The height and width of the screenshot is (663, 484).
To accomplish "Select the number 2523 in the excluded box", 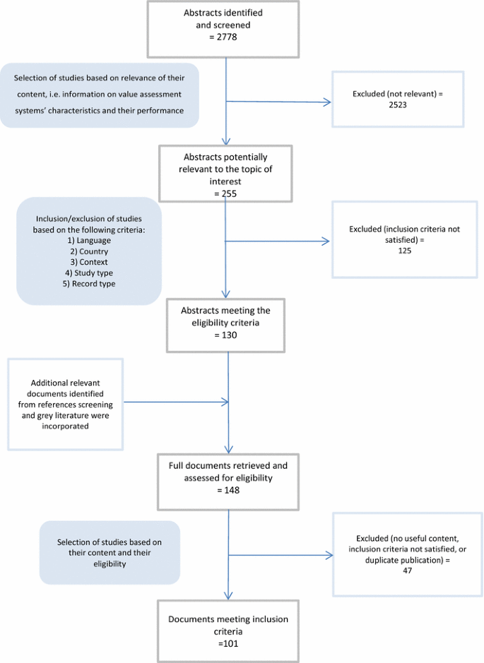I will coord(398,104).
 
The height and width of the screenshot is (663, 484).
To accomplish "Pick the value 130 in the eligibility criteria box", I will coord(225,335).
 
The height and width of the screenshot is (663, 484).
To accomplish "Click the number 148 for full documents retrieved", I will coord(229,488).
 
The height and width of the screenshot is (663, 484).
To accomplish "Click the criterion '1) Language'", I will coord(88,241).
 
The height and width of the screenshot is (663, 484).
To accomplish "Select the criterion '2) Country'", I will coord(88,251).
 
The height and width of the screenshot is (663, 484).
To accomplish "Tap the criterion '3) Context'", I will coord(88,262).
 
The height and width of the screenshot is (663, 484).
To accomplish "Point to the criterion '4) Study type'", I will coord(88,273).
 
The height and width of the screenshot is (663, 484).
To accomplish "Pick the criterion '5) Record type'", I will coord(88,284).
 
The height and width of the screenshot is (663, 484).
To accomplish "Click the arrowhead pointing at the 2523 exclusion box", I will coord(327,103).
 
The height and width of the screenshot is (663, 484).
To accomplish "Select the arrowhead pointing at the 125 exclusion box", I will coord(326,241).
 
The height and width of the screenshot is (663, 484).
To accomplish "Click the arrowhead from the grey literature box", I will coord(225,402).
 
